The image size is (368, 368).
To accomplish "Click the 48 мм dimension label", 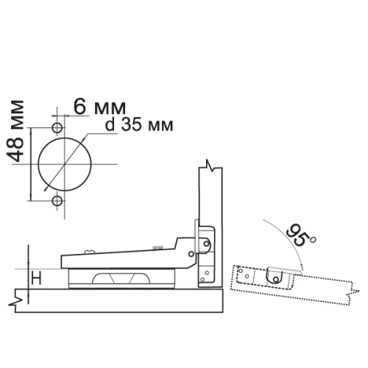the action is click(x=15, y=131).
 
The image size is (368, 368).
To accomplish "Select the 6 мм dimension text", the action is click(x=99, y=107).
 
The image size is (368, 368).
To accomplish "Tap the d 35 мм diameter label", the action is click(x=139, y=125).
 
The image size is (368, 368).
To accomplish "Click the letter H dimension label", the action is click(x=37, y=279).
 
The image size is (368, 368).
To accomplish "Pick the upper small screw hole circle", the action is click(x=57, y=128).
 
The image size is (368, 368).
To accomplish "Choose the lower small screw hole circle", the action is click(x=57, y=201).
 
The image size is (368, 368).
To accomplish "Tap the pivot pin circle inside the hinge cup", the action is click(x=207, y=244).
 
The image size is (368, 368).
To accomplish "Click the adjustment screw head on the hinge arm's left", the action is click(x=90, y=251).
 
